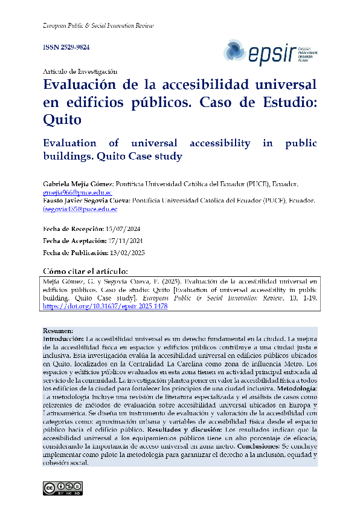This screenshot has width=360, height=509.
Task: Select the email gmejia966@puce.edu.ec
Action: coord(78,192)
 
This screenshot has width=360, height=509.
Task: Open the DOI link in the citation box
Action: coord(105,306)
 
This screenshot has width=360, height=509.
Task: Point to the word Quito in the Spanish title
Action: coord(62,119)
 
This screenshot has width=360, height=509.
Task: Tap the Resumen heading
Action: coord(58,331)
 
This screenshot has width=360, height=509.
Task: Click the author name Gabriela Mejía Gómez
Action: coord(78,183)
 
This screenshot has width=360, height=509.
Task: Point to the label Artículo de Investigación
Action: coord(80,71)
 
